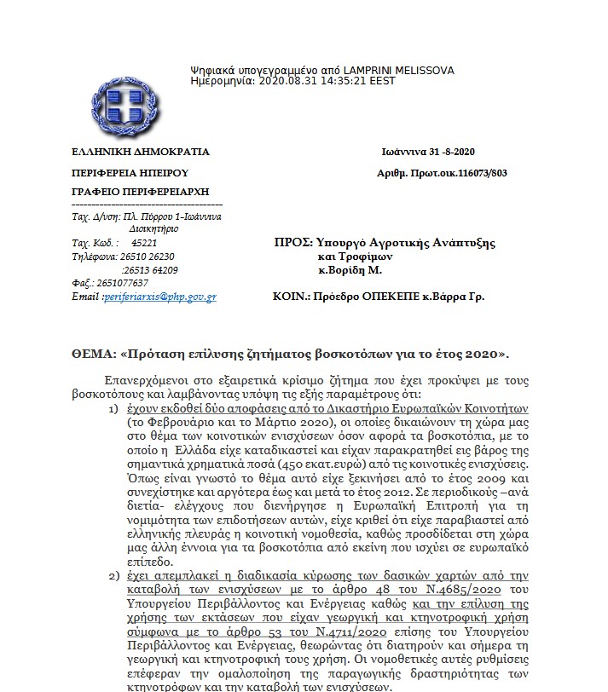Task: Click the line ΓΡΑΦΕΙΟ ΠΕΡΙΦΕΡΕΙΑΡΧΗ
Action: [141, 192]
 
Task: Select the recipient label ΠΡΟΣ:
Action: [288, 243]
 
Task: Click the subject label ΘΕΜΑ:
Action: [93, 352]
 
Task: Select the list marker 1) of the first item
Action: [114, 409]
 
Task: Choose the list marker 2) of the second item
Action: [114, 577]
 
